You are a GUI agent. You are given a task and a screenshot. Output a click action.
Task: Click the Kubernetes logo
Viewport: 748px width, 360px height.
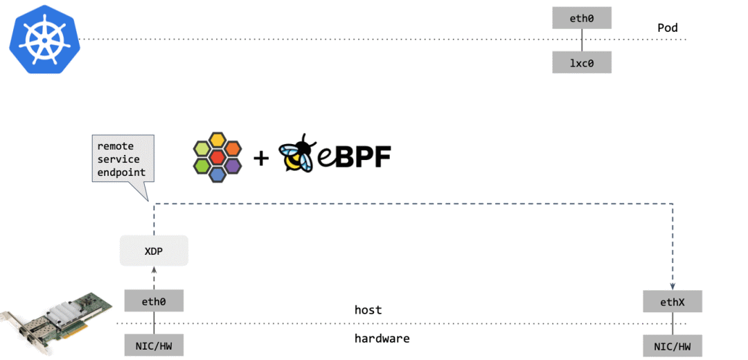(45, 39)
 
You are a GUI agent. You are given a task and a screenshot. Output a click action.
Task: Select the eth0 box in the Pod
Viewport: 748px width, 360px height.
(582, 18)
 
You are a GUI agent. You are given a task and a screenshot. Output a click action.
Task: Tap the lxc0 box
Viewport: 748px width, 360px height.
(582, 62)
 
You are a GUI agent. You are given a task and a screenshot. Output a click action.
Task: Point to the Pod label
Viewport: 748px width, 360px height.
(668, 28)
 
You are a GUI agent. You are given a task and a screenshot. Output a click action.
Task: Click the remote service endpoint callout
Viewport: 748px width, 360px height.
(123, 159)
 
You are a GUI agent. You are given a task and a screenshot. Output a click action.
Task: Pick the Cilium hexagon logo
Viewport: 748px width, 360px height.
(217, 157)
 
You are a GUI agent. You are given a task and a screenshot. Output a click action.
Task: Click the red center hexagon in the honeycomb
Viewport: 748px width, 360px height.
(217, 157)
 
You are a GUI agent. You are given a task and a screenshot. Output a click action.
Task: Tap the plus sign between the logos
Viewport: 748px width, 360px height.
(261, 158)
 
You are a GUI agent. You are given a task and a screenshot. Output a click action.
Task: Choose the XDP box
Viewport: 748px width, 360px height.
(154, 251)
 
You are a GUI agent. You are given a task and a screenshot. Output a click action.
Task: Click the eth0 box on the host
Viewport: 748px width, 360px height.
(154, 301)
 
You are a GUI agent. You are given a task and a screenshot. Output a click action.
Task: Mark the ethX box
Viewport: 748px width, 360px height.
(673, 301)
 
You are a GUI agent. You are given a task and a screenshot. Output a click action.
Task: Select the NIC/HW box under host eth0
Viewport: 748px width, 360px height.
(154, 344)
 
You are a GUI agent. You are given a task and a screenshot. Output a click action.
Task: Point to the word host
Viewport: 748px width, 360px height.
(368, 310)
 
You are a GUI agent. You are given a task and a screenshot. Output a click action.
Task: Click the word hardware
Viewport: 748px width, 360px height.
(382, 339)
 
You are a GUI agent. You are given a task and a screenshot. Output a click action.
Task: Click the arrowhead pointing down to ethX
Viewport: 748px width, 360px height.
(673, 287)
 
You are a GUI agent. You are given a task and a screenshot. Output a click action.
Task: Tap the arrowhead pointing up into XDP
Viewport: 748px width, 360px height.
(154, 271)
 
